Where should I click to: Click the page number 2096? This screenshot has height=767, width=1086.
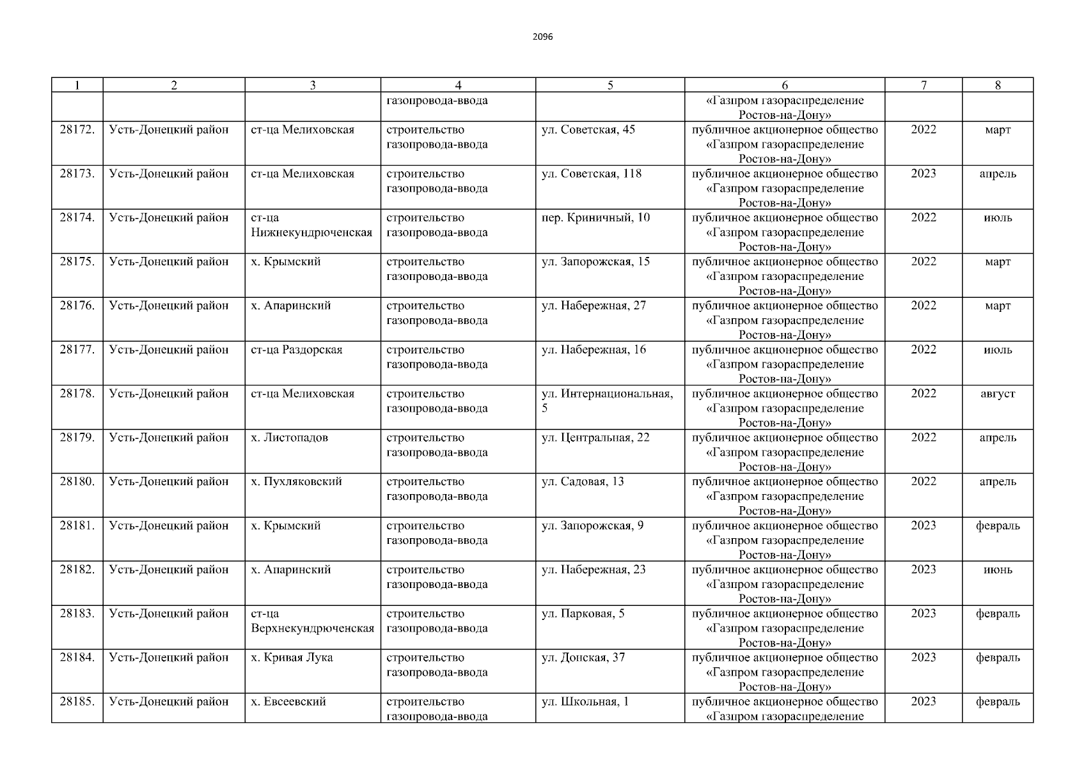tap(542, 37)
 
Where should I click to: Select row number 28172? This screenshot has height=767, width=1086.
tap(77, 130)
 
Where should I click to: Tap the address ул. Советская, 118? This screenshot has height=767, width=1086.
tap(591, 174)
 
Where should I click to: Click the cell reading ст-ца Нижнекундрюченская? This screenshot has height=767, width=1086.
tap(311, 225)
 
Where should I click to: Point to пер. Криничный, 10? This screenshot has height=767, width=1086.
tap(595, 218)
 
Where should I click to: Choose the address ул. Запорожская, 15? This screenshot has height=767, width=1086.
tap(595, 262)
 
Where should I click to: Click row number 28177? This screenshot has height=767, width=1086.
tap(77, 350)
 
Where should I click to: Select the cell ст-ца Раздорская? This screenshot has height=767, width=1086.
tap(297, 350)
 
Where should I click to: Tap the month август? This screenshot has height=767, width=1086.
tap(997, 394)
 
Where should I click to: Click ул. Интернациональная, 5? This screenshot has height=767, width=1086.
tap(607, 401)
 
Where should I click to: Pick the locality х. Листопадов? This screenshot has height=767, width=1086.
tap(289, 438)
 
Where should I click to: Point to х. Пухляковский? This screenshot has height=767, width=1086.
tap(296, 482)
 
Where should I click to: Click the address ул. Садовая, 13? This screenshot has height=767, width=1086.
tap(582, 482)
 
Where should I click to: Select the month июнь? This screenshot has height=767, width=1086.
tap(997, 569)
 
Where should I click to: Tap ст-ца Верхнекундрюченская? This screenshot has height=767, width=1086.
tap(312, 621)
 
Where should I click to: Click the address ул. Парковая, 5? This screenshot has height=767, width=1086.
tap(583, 614)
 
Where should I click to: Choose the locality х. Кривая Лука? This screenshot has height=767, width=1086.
tap(292, 658)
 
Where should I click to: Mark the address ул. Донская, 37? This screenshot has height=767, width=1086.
tap(583, 658)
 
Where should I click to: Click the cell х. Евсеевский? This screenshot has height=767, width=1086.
tap(288, 702)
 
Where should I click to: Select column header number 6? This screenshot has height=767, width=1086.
tap(785, 85)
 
